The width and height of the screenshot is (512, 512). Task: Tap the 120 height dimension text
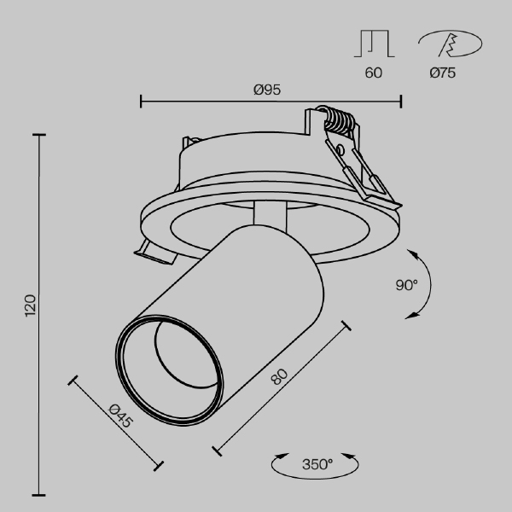pyautogui.click(x=30, y=305)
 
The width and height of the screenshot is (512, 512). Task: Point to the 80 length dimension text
pyautogui.click(x=278, y=376)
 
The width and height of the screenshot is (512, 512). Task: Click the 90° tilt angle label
pyautogui.click(x=407, y=285)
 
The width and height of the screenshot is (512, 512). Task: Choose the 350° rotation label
pyautogui.click(x=317, y=465)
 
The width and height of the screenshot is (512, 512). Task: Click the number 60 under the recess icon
pyautogui.click(x=373, y=73)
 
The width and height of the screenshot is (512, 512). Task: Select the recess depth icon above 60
pyautogui.click(x=373, y=43)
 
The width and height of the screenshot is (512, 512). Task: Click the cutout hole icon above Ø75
pyautogui.click(x=449, y=43)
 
